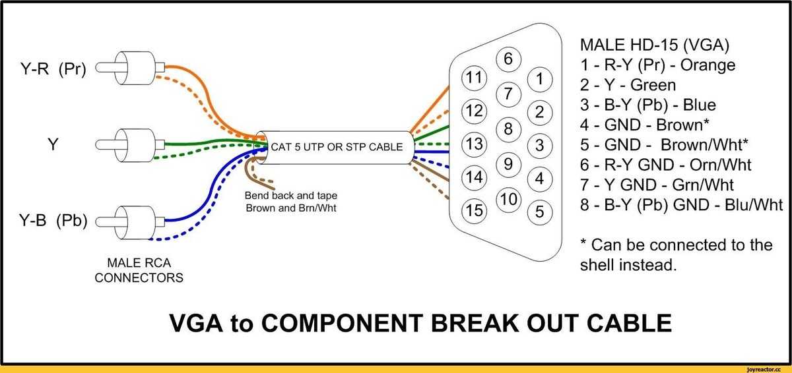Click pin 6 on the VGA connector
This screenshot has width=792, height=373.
[x=508, y=59]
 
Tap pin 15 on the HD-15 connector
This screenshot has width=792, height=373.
[x=474, y=211]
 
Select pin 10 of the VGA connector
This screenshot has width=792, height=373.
[x=508, y=200]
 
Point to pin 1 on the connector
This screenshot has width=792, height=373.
[x=540, y=79]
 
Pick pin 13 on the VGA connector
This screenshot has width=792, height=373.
[x=474, y=144]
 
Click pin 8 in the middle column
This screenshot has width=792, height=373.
[x=508, y=129]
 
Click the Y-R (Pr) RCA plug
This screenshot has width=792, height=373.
[x=130, y=68]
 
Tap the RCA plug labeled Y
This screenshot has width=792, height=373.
[x=130, y=145]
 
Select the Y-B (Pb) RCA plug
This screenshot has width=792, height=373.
[x=130, y=222]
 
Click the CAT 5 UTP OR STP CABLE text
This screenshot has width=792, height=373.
[x=337, y=147]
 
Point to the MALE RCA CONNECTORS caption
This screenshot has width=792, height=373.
[x=139, y=270]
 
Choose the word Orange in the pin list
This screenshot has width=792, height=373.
[x=708, y=66]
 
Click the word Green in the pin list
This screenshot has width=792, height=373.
[x=653, y=85]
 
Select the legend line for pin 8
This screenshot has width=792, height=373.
[x=681, y=206]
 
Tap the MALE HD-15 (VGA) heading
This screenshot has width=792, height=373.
[x=655, y=45]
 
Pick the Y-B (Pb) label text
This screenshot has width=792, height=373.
[x=53, y=221]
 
